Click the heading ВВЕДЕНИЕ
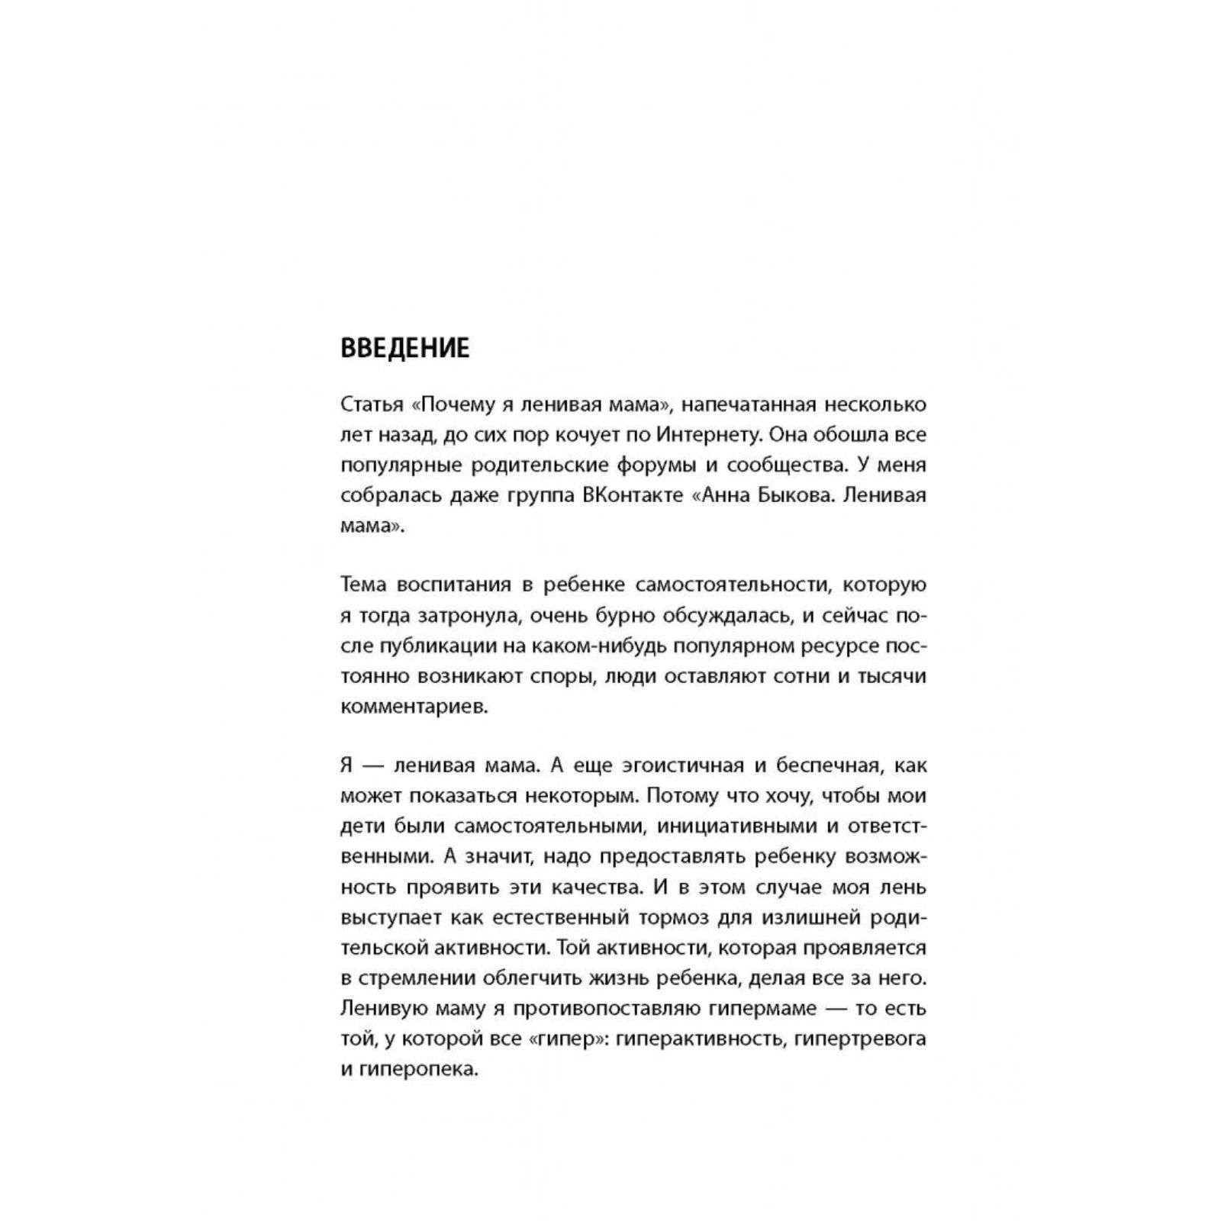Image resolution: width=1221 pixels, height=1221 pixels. (404, 348)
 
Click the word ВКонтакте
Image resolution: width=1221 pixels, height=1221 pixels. (633, 496)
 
